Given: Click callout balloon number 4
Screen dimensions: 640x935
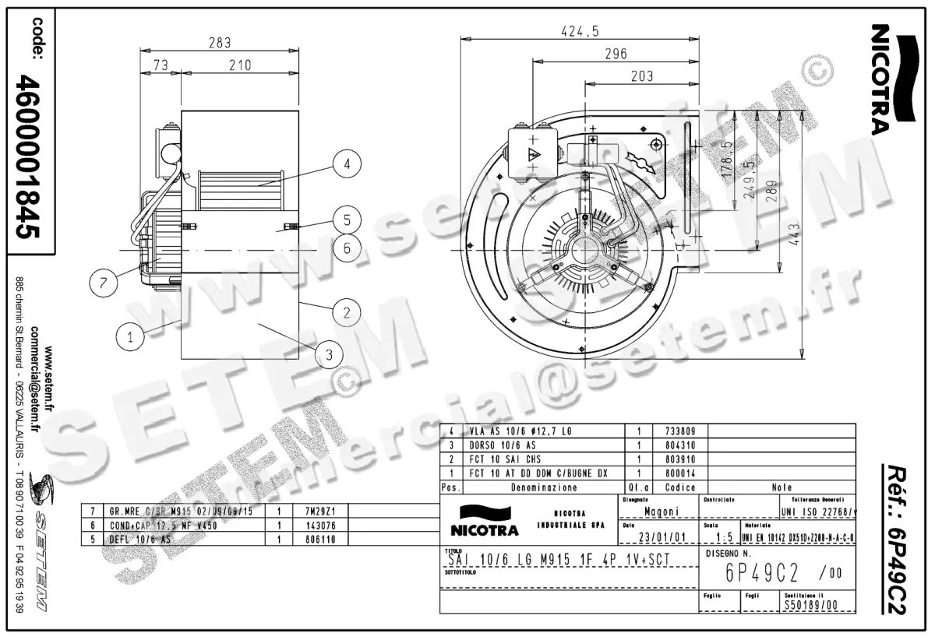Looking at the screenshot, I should coord(347,164).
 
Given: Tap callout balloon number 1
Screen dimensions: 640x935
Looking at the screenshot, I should coord(130,337).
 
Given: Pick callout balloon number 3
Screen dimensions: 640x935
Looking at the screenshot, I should coord(330,355).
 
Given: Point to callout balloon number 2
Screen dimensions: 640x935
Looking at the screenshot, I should coord(345,313).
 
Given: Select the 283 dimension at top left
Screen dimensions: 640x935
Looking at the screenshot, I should coord(219,44).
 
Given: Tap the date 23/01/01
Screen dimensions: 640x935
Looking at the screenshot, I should coord(662,537).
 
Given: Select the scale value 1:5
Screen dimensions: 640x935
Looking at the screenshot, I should coord(722,537).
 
